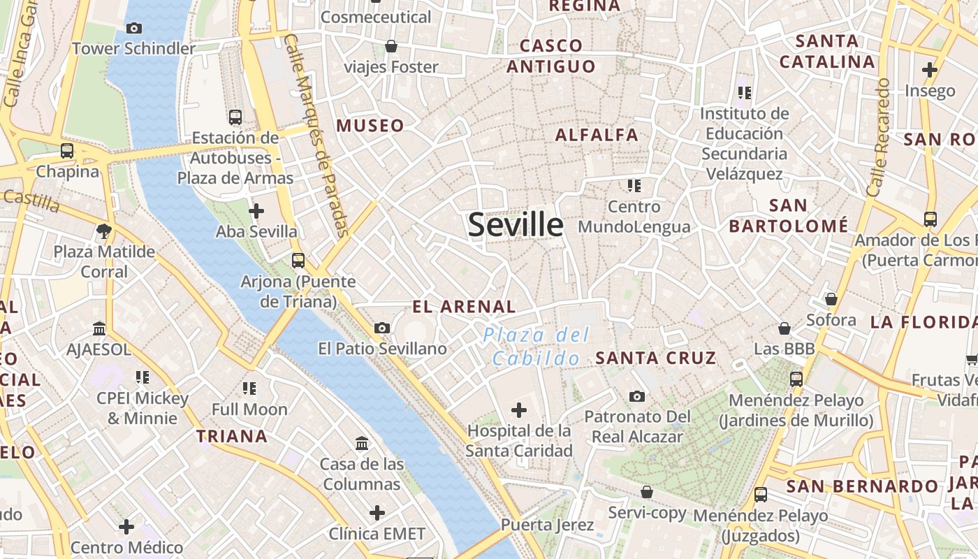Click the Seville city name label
[516, 225]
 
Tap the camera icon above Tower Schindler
[134, 29]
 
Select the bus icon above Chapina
[67, 150]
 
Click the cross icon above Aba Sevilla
[256, 210]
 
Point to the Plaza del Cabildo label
[537, 347]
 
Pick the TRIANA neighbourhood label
[232, 437]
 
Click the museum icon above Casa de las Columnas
[362, 443]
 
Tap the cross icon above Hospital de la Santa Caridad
[519, 410]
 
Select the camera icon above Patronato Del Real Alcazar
[637, 396]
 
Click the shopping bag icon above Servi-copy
[647, 492]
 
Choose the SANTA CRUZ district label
[655, 358]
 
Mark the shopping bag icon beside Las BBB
[784, 328]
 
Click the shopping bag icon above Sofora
[831, 299]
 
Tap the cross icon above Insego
[930, 70]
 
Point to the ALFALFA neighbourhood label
[597, 135]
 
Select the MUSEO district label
[370, 126]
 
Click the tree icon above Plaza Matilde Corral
[104, 231]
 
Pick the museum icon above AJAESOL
[99, 328]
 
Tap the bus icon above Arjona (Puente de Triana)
[298, 261]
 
